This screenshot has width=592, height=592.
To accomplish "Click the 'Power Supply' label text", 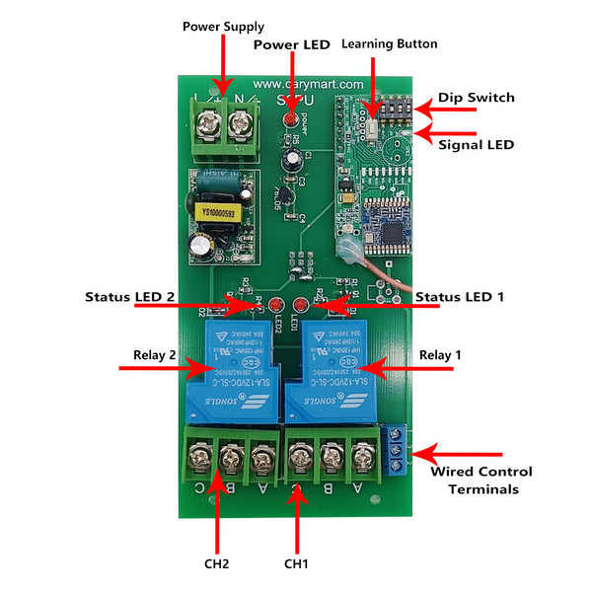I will point(222,25).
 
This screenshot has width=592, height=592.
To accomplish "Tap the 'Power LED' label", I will point(291,44).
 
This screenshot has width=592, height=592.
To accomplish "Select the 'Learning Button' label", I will point(389,44).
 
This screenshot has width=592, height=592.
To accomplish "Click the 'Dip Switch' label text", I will point(477,98).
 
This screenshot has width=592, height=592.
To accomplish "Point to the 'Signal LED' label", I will point(476,144).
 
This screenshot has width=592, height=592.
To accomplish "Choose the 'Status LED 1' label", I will point(459,296).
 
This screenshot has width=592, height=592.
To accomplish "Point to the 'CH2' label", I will point(217,564).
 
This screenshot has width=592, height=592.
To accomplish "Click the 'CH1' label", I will point(296,564).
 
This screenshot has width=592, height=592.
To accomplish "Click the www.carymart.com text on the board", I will point(294,85).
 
